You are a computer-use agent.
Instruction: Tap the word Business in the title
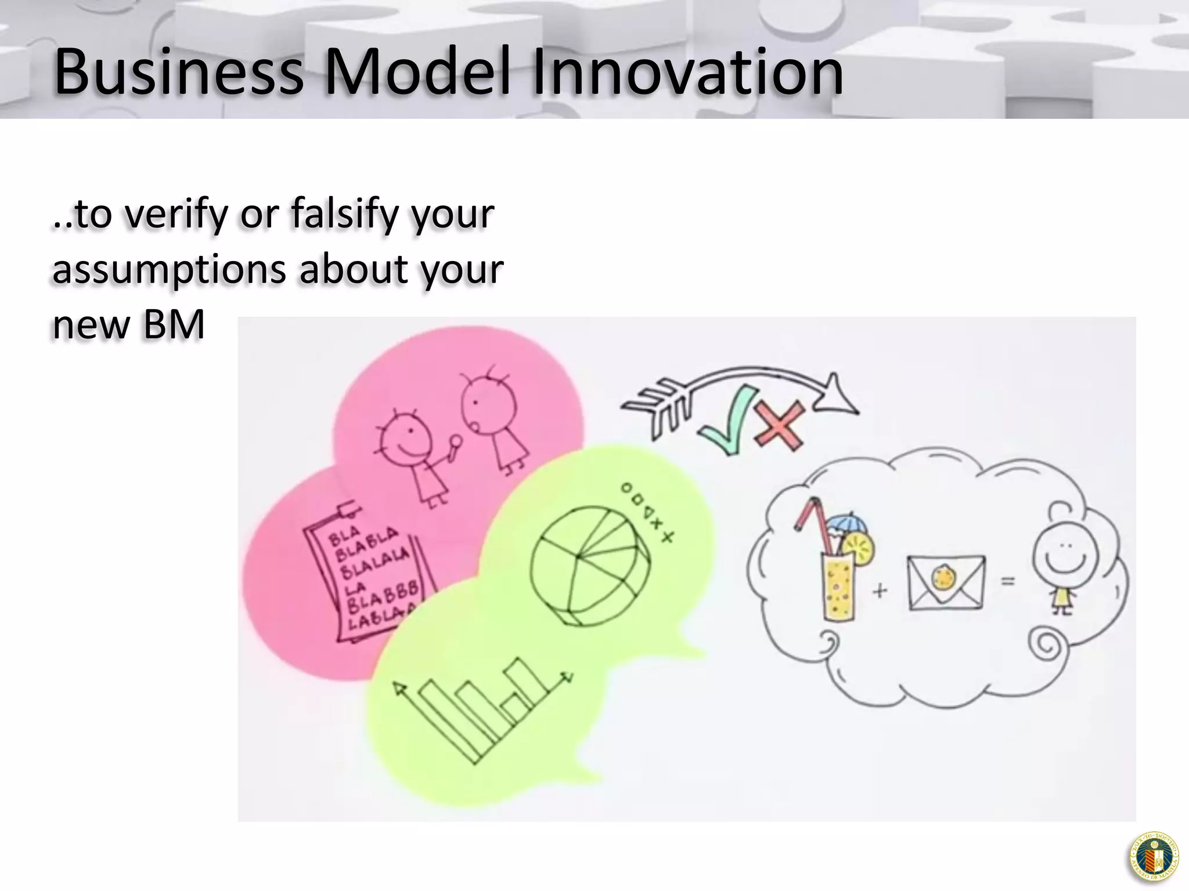coord(179,73)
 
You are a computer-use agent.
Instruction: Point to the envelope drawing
coord(946,582)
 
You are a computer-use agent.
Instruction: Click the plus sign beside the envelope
coord(880,591)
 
